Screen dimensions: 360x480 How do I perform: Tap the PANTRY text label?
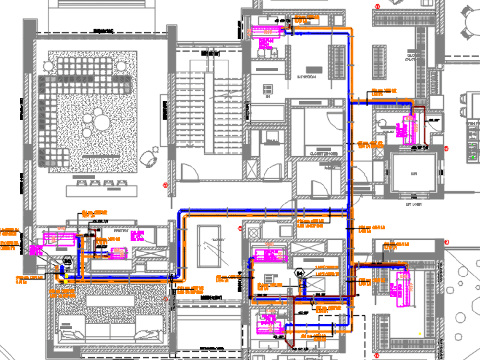tap(121, 231)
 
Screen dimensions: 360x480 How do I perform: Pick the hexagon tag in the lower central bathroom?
tap(300, 273)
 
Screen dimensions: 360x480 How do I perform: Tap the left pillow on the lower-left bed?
tap(71, 334)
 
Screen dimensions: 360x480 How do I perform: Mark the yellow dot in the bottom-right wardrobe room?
tap(420, 333)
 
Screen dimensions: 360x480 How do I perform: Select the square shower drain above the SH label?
tap(267, 89)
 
